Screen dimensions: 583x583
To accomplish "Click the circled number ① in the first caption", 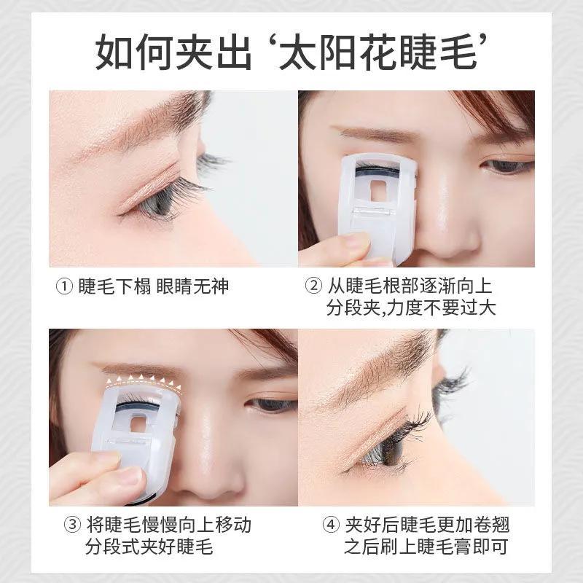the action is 64,286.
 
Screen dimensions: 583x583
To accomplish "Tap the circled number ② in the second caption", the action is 313,286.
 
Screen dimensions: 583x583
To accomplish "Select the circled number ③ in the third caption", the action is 72,525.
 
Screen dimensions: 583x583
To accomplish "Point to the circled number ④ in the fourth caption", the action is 331,525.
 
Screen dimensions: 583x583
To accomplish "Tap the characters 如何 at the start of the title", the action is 134,51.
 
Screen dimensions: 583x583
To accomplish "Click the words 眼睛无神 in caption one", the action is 192,286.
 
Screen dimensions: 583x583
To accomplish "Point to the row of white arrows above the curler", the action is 143,381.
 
